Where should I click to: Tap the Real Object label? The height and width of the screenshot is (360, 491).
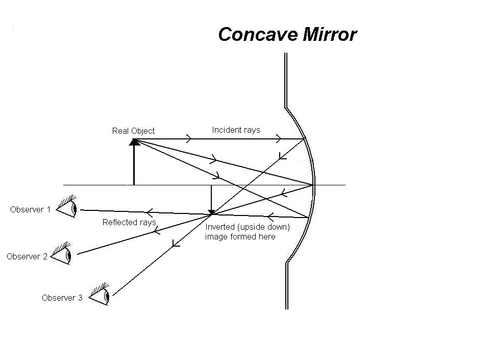(133, 131)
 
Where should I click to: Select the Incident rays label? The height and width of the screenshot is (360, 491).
(236, 130)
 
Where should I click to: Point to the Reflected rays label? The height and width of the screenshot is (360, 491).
(129, 222)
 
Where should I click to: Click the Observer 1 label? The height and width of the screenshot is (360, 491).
(31, 209)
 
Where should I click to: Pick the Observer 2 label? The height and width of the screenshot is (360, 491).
(27, 256)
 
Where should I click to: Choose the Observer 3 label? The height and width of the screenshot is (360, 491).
(62, 298)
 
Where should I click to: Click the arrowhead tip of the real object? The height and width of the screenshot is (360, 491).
(134, 141)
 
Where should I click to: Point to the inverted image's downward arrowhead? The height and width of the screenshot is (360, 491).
(211, 211)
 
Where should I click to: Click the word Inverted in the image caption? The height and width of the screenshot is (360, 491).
(219, 227)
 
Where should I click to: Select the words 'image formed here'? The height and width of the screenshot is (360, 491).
(240, 236)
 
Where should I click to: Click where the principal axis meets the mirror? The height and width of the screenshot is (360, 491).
(313, 184)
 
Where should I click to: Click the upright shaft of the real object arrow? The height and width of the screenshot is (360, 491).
(134, 166)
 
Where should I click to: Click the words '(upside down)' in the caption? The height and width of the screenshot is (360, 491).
(261, 227)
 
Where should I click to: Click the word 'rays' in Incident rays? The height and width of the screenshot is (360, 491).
(252, 130)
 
